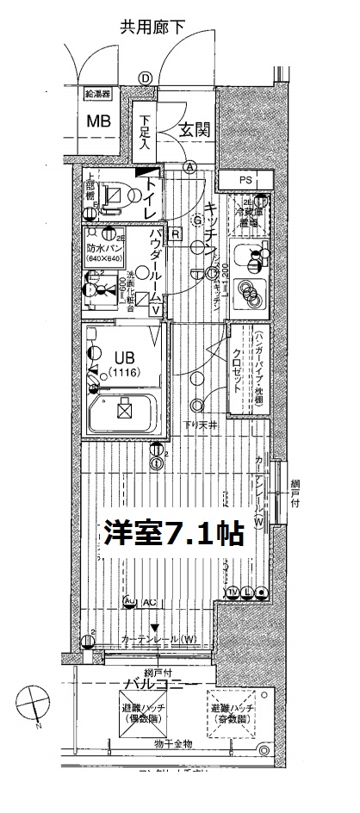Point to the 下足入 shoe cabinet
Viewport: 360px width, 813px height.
tap(147, 129)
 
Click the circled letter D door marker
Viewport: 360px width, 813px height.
tap(146, 78)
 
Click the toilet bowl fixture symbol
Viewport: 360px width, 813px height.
tap(112, 195)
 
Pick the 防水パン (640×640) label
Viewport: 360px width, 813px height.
tap(104, 254)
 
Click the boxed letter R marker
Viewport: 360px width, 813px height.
tap(175, 233)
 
